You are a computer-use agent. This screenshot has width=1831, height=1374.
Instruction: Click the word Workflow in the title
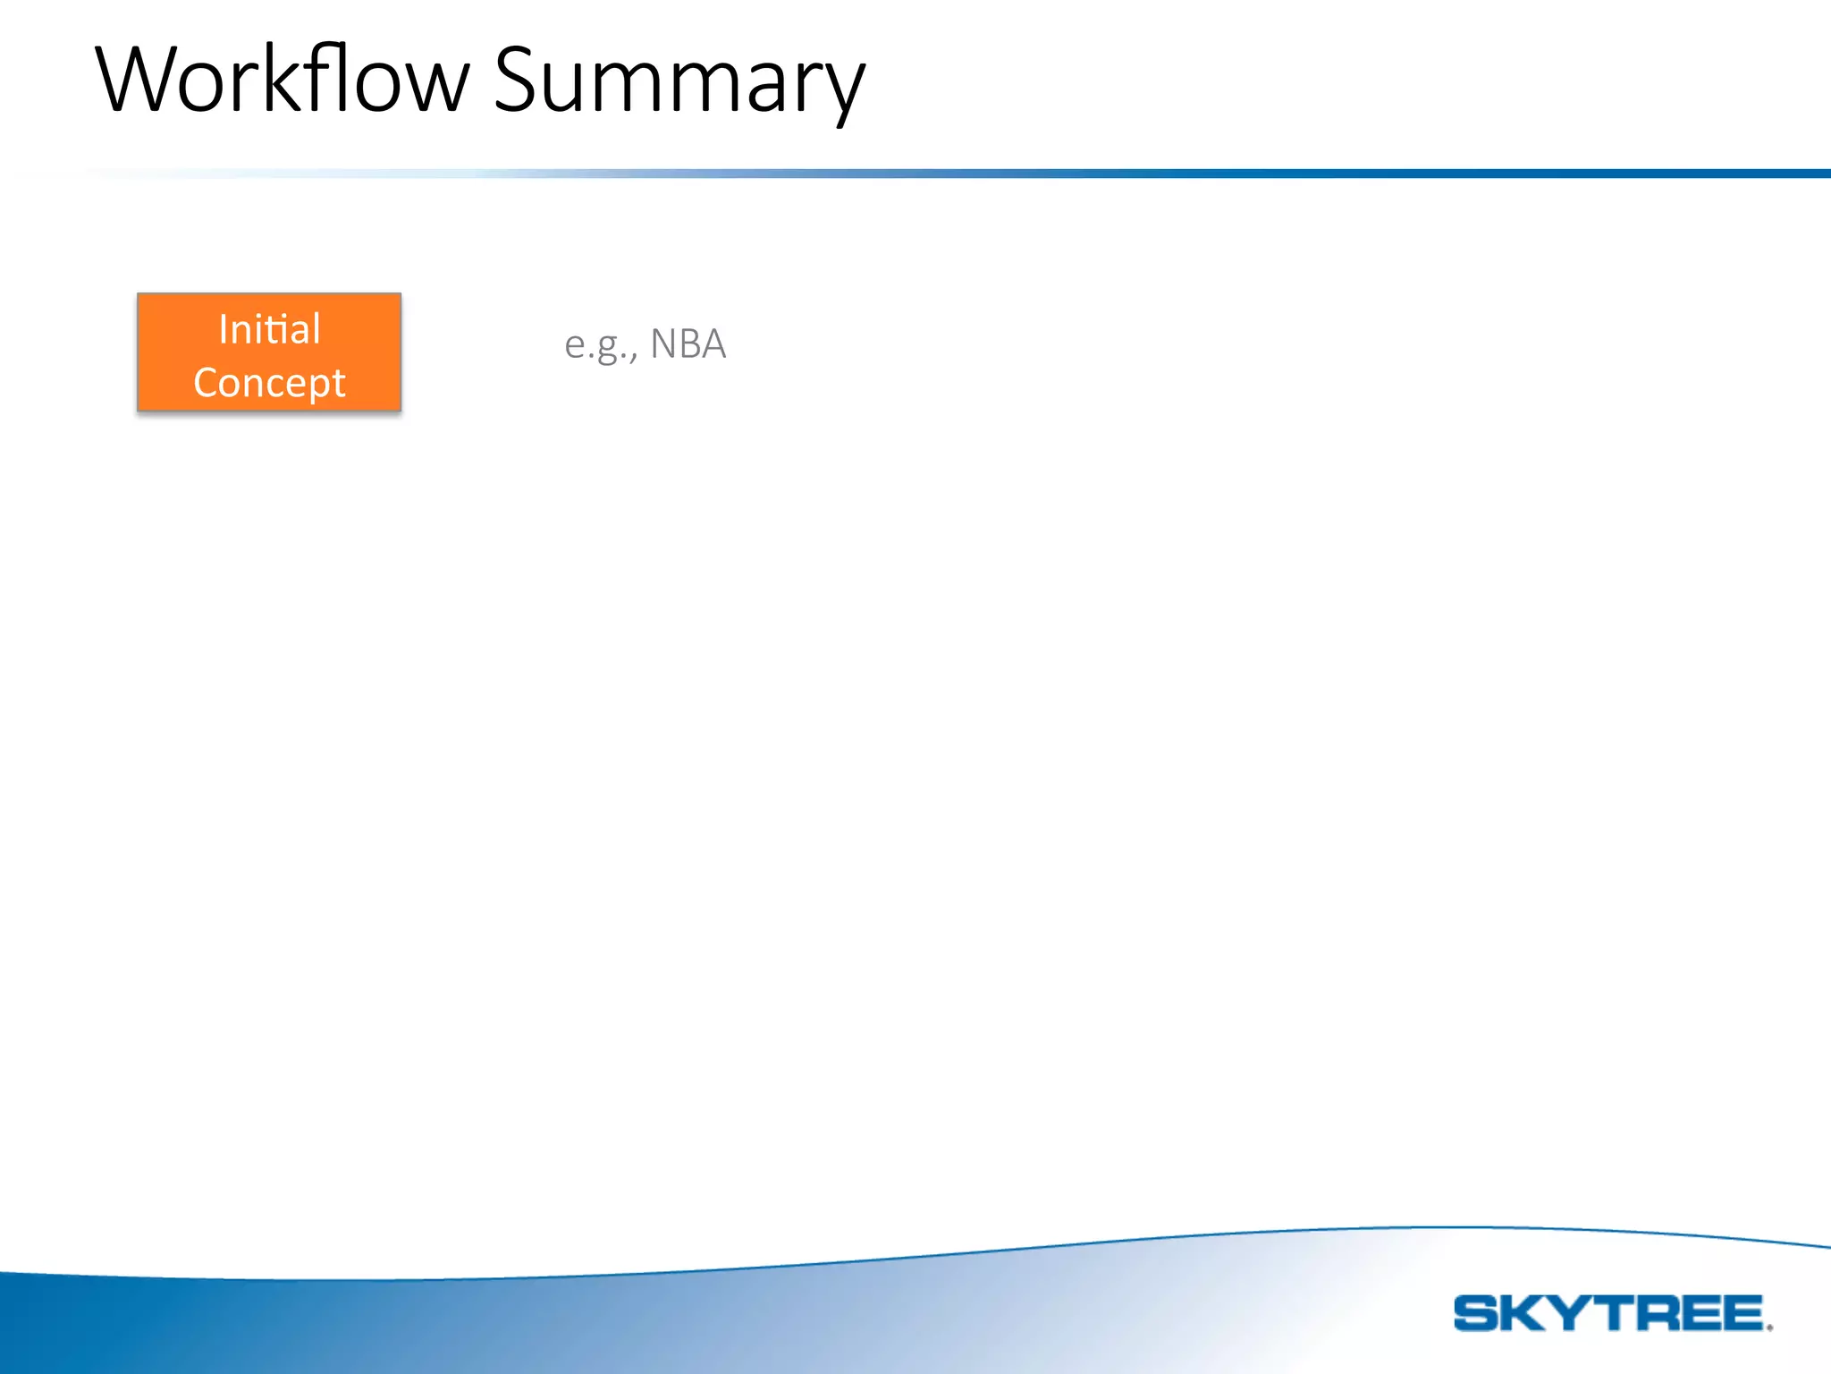click(282, 81)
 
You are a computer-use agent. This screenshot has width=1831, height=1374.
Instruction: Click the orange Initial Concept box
click(269, 352)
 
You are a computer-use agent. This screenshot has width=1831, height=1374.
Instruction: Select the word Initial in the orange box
click(269, 328)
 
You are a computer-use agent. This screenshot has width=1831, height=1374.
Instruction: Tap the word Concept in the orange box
click(269, 383)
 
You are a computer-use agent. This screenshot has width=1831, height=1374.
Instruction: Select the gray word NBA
click(688, 343)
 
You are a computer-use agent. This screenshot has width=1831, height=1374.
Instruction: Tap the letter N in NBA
click(662, 343)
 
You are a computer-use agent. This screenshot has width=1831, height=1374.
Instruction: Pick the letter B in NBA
click(688, 343)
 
